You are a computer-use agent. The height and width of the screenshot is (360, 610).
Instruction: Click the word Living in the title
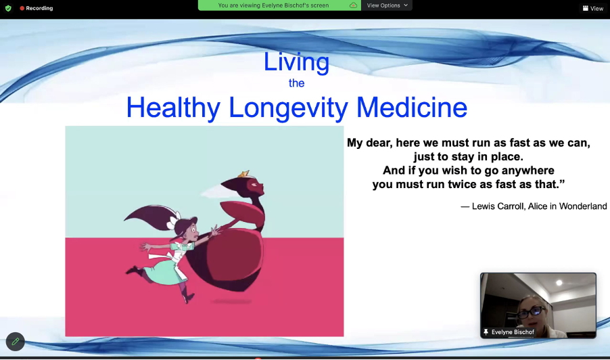tap(296, 62)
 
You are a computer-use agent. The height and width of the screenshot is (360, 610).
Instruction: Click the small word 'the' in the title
tap(296, 83)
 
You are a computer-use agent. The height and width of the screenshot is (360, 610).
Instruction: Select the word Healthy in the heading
tap(173, 108)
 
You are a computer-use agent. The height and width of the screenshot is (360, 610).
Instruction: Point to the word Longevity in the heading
tap(288, 108)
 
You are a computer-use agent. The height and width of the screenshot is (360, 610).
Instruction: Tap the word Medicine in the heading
tap(412, 108)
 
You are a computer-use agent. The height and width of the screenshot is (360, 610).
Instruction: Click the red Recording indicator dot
tap(22, 8)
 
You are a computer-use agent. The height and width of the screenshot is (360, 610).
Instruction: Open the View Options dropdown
tap(387, 5)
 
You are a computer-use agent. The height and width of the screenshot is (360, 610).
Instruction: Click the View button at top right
tap(593, 8)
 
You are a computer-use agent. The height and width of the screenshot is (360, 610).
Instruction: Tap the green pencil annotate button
tap(15, 342)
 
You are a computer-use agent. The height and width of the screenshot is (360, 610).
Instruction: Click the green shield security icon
tap(8, 8)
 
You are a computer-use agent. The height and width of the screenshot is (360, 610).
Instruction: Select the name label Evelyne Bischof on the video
tap(513, 332)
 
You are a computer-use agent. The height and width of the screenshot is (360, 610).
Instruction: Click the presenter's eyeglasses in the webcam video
tap(531, 312)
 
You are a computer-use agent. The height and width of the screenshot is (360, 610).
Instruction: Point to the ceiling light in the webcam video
tap(559, 283)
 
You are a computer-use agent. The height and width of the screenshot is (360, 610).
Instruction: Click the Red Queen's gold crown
tap(244, 174)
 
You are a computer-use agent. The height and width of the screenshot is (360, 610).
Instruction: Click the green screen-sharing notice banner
tap(279, 5)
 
